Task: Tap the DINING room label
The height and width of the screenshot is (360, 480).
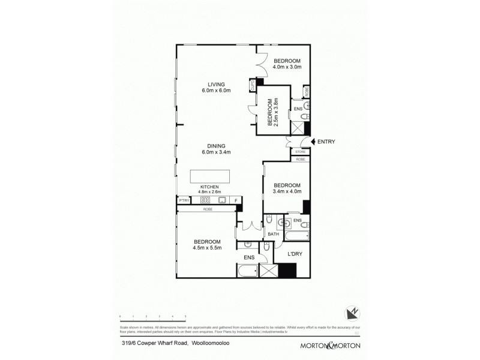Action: pos(216,145)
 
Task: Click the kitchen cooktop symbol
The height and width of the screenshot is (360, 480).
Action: pos(205,200)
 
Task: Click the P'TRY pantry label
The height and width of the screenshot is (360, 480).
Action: pos(183,200)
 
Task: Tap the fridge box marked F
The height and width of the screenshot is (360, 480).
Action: pos(236,200)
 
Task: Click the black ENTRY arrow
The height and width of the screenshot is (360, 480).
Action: pos(313,142)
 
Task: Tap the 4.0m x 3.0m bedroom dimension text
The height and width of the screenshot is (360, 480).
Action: pos(287,67)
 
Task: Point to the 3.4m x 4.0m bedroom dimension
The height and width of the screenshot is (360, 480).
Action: pos(287,191)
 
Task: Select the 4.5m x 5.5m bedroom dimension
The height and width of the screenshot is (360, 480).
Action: pos(206,245)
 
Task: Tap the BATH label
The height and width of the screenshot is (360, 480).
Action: pos(273,234)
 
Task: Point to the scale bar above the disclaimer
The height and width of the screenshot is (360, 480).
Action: pos(152,316)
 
